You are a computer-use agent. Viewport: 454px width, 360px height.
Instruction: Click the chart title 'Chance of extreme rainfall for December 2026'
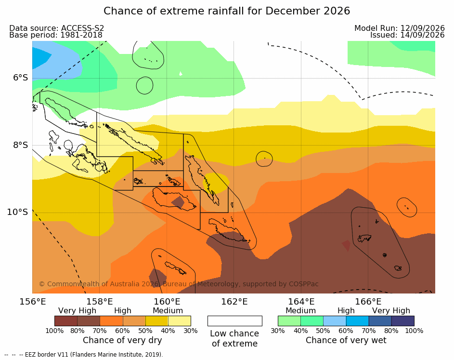pos(227,11)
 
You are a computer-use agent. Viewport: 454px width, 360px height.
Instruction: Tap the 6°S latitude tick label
pos(21,78)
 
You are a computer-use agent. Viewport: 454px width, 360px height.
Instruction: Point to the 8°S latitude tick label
pos(21,145)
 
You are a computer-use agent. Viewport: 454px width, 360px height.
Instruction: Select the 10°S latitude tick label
pos(18,212)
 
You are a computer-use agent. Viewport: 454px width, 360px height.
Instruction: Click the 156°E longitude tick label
pos(33,302)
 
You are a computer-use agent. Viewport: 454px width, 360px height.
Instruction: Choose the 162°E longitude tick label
pos(234,302)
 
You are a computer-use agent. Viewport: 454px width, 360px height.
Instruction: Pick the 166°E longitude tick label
pos(368,302)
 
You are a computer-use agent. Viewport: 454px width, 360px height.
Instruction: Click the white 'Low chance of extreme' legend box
pos(235,321)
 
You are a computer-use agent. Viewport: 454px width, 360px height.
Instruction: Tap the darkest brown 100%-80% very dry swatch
pos(66,321)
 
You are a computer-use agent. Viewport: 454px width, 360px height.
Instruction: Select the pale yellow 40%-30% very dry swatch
pos(180,321)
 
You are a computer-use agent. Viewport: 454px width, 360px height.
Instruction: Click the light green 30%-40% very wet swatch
pos(289,321)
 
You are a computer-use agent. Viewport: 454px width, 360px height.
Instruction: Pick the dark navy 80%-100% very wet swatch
pos(403,321)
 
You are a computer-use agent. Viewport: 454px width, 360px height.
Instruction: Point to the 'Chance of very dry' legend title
pos(122,340)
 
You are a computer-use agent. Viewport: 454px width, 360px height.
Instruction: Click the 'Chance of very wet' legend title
pos(346,340)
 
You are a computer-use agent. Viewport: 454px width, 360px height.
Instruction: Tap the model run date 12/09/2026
pos(422,28)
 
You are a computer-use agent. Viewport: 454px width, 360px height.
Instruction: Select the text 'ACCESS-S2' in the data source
pos(82,28)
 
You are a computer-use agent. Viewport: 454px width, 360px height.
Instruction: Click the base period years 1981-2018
pos(81,35)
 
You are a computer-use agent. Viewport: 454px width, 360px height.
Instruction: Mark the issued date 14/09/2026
pos(422,35)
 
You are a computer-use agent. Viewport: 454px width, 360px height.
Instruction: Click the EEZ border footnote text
pos(84,355)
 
